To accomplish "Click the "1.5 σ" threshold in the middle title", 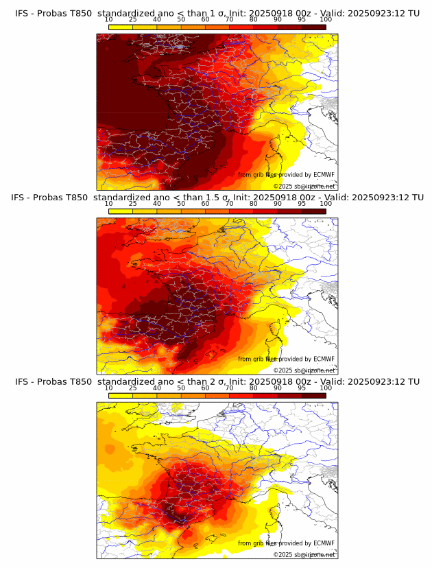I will pyautogui.click(x=221, y=198).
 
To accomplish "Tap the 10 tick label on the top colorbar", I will pyautogui.click(x=108, y=21).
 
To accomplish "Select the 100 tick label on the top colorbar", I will pyautogui.click(x=326, y=21).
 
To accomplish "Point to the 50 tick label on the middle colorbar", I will pyautogui.click(x=181, y=204).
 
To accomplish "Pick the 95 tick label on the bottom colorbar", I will pyautogui.click(x=302, y=388).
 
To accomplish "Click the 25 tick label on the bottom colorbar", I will pyautogui.click(x=132, y=388).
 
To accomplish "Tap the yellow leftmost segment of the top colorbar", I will pyautogui.click(x=120, y=27).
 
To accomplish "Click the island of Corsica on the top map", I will pyautogui.click(x=277, y=146).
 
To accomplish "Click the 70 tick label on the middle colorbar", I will pyautogui.click(x=229, y=204).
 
